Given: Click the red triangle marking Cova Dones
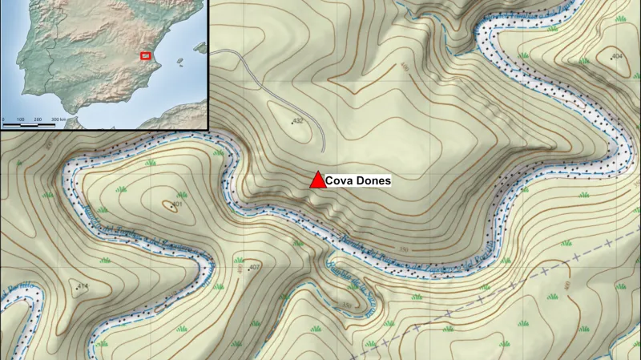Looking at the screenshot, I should [x=317, y=181].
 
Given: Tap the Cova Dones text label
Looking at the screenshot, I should [x=358, y=181].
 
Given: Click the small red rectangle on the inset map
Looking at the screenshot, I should [x=146, y=55].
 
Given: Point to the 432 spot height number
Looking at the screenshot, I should [x=297, y=121].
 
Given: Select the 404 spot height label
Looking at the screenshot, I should [x=617, y=56].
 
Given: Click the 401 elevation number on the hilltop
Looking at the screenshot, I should [x=177, y=204].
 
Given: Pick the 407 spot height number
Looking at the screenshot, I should [x=256, y=266].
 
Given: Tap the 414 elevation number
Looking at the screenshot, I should [x=83, y=286].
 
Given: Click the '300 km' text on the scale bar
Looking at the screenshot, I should [x=58, y=119].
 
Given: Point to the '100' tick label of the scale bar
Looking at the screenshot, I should [x=22, y=119].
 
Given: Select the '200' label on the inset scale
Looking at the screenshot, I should [x=38, y=119].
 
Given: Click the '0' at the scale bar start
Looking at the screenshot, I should [x=4, y=119].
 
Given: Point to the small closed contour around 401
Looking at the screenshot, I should [x=169, y=207].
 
